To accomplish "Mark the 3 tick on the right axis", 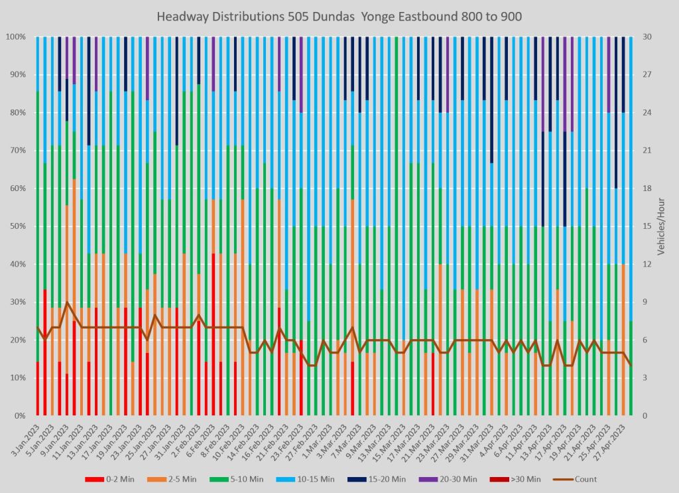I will coord(647,378).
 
